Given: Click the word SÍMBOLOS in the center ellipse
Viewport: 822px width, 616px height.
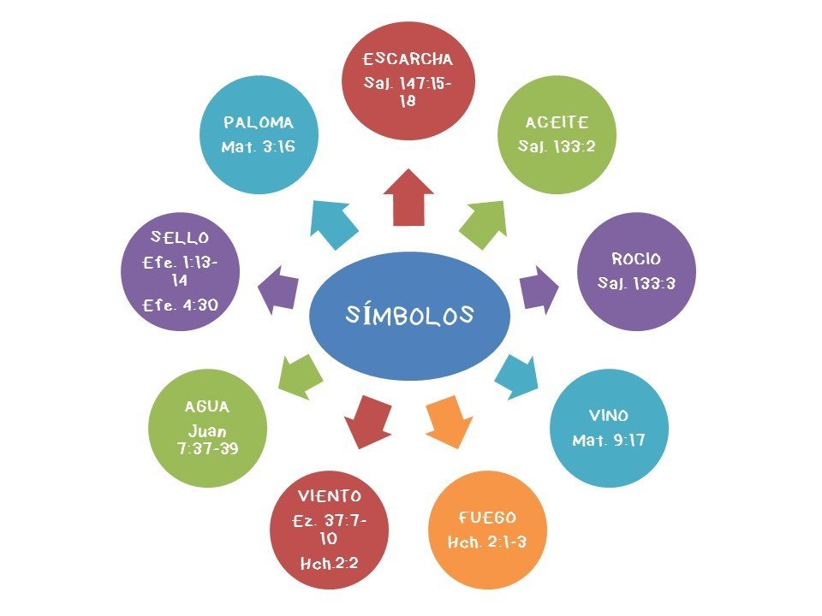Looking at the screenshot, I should pyautogui.click(x=410, y=315).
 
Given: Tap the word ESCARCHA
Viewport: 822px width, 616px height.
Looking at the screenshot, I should pyautogui.click(x=408, y=60).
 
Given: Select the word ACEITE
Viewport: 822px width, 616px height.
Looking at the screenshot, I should pyautogui.click(x=557, y=124).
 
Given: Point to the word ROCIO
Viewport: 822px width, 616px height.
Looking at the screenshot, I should pyautogui.click(x=636, y=259).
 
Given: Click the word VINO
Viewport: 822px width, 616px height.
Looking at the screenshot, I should pyautogui.click(x=609, y=416).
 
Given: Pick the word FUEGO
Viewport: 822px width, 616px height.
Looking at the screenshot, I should pyautogui.click(x=487, y=518).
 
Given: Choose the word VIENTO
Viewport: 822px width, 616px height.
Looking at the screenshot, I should pyautogui.click(x=330, y=496).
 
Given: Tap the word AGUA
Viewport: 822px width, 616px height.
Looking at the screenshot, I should pyautogui.click(x=207, y=407).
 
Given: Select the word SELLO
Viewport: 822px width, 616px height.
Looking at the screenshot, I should pyautogui.click(x=180, y=236).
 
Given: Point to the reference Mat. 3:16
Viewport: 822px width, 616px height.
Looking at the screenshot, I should pyautogui.click(x=259, y=147).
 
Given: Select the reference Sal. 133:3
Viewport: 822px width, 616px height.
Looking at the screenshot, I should pyautogui.click(x=636, y=282).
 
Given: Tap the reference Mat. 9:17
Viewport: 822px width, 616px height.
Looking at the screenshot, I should pyautogui.click(x=609, y=441).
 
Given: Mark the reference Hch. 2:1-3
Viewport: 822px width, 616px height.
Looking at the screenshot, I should pyautogui.click(x=487, y=542).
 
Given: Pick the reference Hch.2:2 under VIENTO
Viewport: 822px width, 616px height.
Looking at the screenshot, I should pyautogui.click(x=330, y=562).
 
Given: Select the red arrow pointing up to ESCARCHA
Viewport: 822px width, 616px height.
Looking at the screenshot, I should pyautogui.click(x=408, y=198).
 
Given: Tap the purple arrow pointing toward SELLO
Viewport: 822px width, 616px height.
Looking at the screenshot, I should pyautogui.click(x=279, y=286).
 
